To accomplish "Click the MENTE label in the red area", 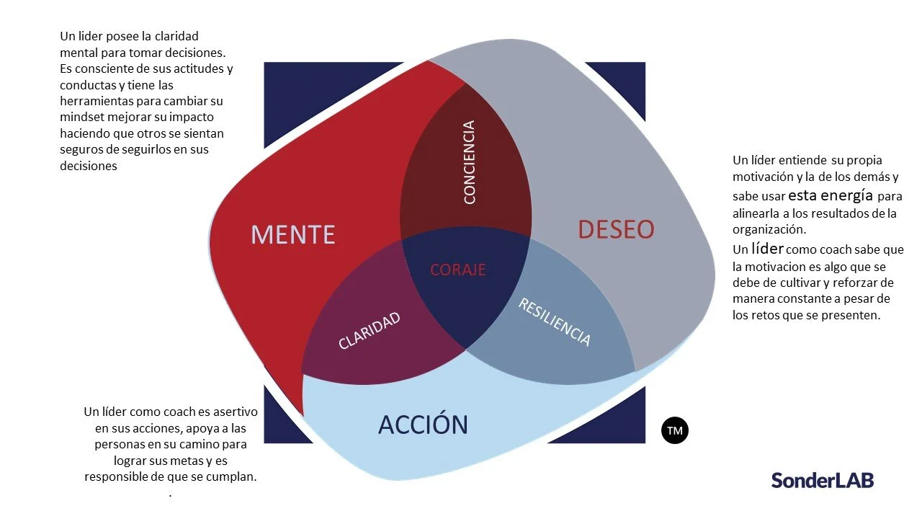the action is pyautogui.click(x=292, y=234).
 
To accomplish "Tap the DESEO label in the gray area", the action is pyautogui.click(x=616, y=229).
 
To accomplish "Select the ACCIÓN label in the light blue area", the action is pyautogui.click(x=423, y=425).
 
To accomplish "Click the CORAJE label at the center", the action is pyautogui.click(x=458, y=270).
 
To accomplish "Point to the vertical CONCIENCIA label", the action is pyautogui.click(x=470, y=163).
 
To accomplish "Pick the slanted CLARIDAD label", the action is pyautogui.click(x=370, y=331).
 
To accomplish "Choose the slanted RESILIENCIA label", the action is pyautogui.click(x=555, y=321).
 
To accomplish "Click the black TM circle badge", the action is pyautogui.click(x=675, y=430).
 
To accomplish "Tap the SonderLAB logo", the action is pyautogui.click(x=822, y=480).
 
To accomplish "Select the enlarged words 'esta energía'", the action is pyautogui.click(x=831, y=195).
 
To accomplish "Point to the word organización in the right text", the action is pyautogui.click(x=769, y=230).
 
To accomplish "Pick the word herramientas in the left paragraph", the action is pyautogui.click(x=95, y=101).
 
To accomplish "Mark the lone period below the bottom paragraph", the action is pyautogui.click(x=170, y=495).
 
